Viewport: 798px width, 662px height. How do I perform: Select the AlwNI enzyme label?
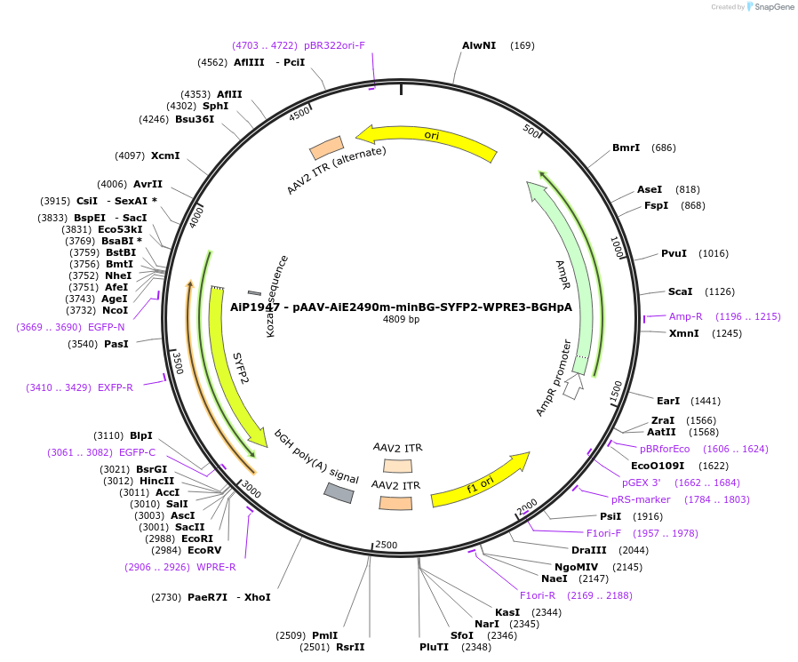pos(479,45)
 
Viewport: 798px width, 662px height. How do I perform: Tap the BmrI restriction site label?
pos(626,148)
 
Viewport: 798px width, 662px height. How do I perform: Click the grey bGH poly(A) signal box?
pos(339,491)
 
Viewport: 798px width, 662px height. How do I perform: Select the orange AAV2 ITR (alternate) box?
pos(326,148)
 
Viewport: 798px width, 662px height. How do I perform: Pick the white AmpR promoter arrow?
pos(573,387)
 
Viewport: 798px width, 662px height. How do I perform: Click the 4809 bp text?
pos(401,319)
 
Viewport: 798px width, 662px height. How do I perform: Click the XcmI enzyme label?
pos(165,156)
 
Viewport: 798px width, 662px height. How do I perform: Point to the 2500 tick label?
pos(386,545)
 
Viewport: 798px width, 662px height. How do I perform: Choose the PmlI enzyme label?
pos(324,635)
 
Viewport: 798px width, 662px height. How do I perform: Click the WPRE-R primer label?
pos(216,567)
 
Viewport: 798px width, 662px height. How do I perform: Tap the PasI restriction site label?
pos(116,344)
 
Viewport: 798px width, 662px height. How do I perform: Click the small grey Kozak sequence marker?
pos(254,292)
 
